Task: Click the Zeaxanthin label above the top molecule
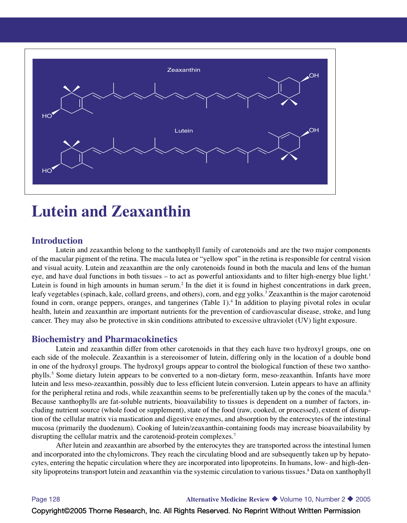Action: pyautogui.click(x=183, y=70)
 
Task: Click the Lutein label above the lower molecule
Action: pyautogui.click(x=183, y=131)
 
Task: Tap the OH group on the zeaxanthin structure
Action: pyautogui.click(x=314, y=75)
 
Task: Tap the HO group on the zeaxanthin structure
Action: pyautogui.click(x=47, y=116)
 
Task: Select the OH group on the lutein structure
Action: pyautogui.click(x=314, y=130)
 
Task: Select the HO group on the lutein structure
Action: pyautogui.click(x=47, y=171)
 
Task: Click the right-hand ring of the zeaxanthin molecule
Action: pyautogui.click(x=289, y=88)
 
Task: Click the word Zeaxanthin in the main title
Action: pyautogui.click(x=151, y=212)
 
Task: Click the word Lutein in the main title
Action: pyautogui.click(x=54, y=212)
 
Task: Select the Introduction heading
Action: pyautogui.click(x=57, y=240)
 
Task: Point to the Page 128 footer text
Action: pyautogui.click(x=46, y=499)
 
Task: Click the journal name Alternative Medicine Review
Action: pyautogui.click(x=228, y=499)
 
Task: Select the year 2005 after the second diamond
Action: pyautogui.click(x=363, y=499)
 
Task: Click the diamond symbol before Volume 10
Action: pyautogui.click(x=275, y=499)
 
